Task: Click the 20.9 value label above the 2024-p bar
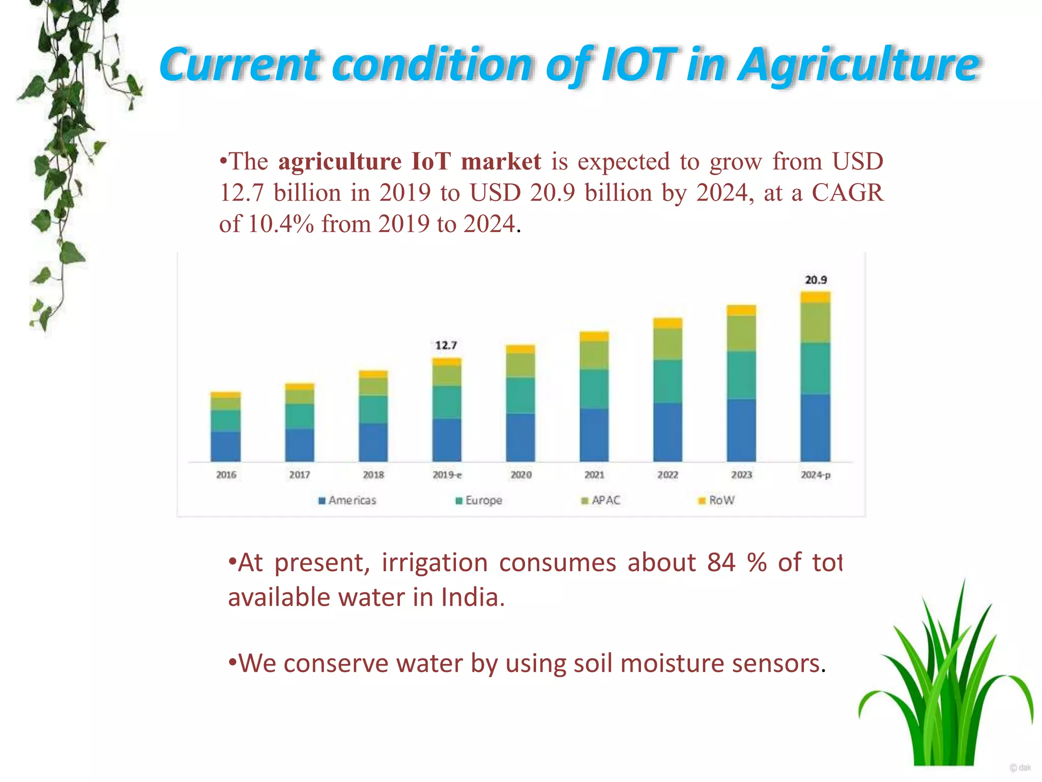(816, 280)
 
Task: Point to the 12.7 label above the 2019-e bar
(446, 346)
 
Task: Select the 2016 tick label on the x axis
(226, 474)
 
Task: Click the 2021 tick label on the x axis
(594, 474)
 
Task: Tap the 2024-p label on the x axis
(816, 474)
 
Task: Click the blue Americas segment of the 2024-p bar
(816, 428)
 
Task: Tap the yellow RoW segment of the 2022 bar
(668, 323)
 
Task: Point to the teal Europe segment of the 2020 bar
(520, 395)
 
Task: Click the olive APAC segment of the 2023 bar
(741, 333)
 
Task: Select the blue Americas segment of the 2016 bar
(226, 446)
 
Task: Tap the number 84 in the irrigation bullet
(721, 563)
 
